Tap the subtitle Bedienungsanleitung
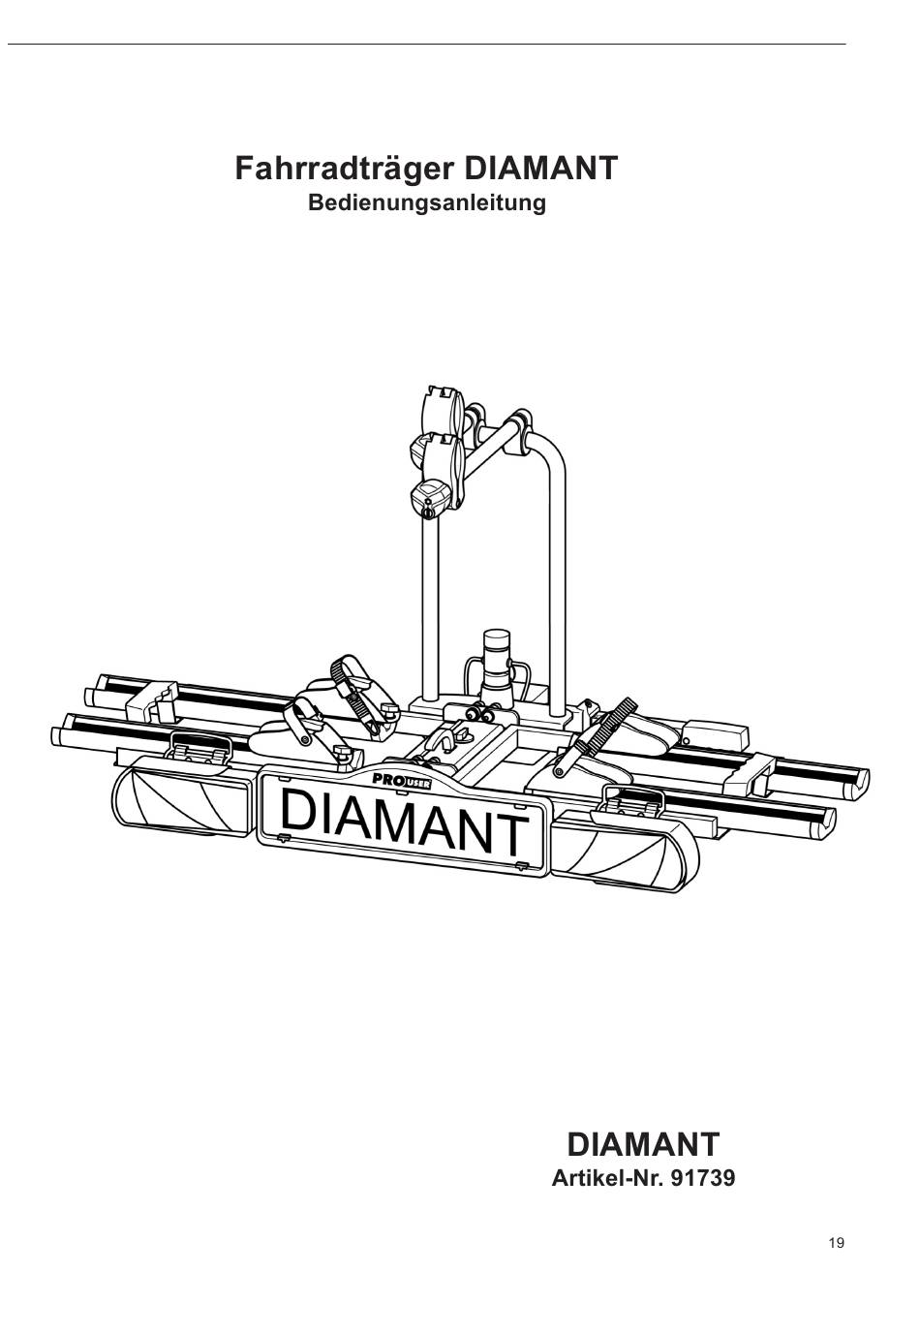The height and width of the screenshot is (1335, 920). click(x=426, y=203)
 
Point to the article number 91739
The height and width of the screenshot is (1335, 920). click(x=695, y=1179)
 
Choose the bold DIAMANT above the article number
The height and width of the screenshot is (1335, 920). click(x=643, y=1144)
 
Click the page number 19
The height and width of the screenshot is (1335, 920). click(x=837, y=1243)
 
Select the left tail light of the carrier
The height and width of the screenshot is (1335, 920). click(x=184, y=801)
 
